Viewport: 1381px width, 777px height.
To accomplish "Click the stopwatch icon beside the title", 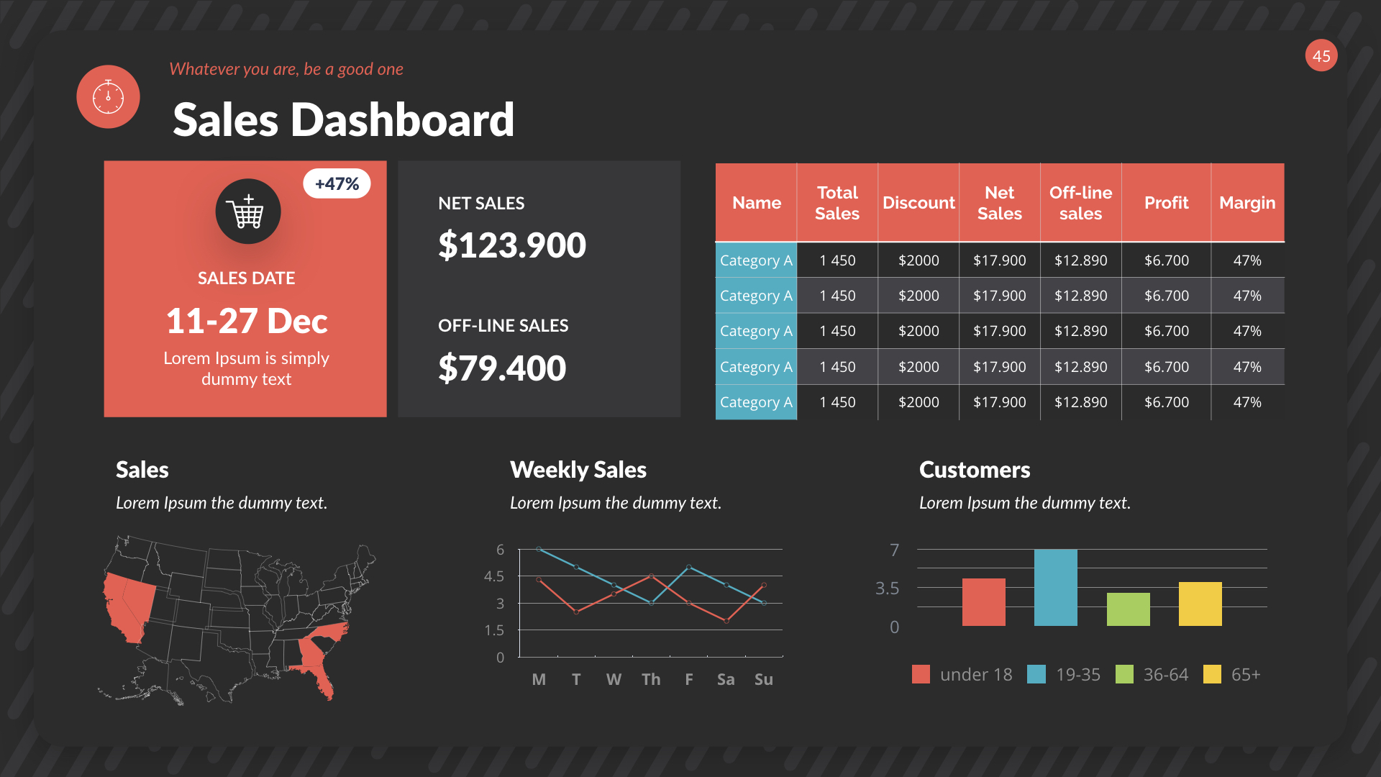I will [108, 97].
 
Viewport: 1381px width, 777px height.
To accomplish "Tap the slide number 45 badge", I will [1321, 56].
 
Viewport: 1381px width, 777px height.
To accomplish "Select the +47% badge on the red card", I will [337, 184].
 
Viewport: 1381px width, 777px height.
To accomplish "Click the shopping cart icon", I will [247, 212].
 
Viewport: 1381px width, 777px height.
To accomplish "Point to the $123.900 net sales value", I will [512, 245].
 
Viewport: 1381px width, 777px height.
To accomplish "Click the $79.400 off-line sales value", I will [502, 368].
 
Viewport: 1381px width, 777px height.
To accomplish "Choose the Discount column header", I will [919, 203].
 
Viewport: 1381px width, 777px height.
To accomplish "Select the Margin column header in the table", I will [1247, 203].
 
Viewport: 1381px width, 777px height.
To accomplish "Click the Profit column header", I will [1166, 203].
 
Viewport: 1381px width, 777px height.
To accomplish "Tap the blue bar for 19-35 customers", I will [1055, 587].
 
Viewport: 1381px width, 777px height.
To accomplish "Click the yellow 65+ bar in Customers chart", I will [1200, 604].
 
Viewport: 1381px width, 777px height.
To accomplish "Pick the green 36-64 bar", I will [1128, 609].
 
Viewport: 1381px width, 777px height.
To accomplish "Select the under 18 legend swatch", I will [921, 674].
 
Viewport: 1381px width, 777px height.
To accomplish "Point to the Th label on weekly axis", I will [651, 679].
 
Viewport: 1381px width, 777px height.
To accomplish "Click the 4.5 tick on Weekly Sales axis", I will [494, 576].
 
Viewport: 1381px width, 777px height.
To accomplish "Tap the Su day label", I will [763, 679].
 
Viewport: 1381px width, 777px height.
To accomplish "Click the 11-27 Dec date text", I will [247, 321].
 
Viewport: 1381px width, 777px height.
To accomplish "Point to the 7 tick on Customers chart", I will [894, 550].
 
